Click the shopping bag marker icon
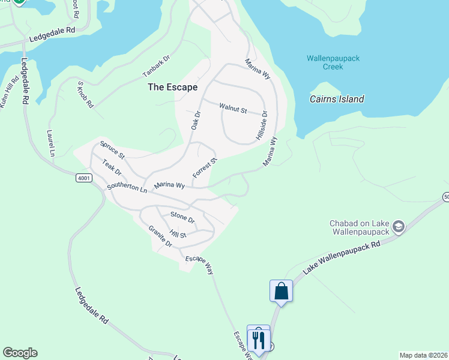(x=281, y=292)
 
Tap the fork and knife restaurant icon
(x=259, y=340)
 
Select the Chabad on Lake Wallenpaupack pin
(x=398, y=226)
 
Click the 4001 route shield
(x=85, y=178)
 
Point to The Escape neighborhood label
(x=172, y=87)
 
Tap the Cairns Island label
(x=337, y=99)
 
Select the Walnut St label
(x=233, y=109)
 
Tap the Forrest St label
(x=204, y=168)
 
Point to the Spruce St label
(x=112, y=150)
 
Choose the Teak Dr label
(x=112, y=168)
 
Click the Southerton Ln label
(x=127, y=188)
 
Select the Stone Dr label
(x=182, y=217)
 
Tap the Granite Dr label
(x=160, y=236)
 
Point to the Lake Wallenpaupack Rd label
(x=342, y=259)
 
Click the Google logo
(x=20, y=353)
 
